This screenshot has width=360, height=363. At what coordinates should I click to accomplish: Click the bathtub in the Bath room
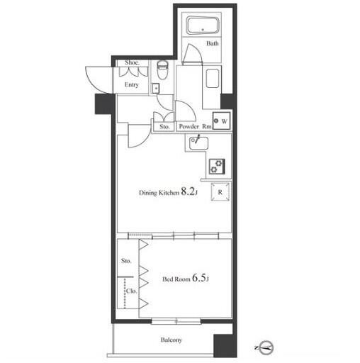tap(203, 25)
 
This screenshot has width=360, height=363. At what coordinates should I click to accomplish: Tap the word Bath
tap(212, 43)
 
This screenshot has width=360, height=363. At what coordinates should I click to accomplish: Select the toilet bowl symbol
tap(162, 70)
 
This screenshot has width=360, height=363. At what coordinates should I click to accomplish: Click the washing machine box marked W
tap(222, 121)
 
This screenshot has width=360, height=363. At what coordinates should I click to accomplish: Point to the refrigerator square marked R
tap(220, 192)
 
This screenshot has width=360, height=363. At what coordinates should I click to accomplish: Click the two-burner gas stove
tap(217, 167)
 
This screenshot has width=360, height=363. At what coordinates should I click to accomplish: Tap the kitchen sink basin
tap(198, 143)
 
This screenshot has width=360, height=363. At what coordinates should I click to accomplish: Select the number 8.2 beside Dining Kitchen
tap(188, 191)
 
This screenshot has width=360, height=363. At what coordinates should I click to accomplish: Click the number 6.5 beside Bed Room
tap(199, 277)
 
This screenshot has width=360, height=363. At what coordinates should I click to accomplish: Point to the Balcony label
tap(171, 340)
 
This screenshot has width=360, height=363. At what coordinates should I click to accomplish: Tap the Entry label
tap(132, 84)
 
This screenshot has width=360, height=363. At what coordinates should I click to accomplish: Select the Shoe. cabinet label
tap(132, 62)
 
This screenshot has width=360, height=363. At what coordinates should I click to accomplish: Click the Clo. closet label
tap(131, 291)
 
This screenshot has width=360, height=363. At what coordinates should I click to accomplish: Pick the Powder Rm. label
tap(196, 126)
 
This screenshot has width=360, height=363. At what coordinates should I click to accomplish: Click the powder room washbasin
tap(213, 79)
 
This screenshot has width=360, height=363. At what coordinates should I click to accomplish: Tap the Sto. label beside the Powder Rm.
tap(164, 127)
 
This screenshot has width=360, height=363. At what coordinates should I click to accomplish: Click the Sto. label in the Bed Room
tap(126, 261)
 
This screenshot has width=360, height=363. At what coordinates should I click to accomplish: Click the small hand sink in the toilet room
tap(156, 88)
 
